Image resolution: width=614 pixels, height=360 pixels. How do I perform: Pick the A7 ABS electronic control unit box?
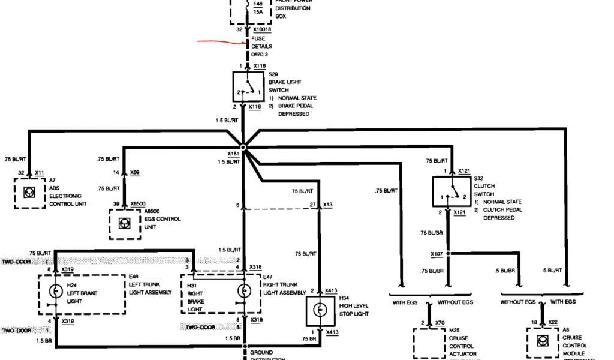click(29, 192)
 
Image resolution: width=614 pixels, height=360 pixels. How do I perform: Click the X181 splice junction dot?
click(243, 146)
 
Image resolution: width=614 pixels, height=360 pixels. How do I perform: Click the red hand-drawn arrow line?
click(222, 43)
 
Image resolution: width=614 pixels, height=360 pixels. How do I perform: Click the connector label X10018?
click(262, 29)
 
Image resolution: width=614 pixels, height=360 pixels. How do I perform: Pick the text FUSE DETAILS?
click(262, 43)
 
